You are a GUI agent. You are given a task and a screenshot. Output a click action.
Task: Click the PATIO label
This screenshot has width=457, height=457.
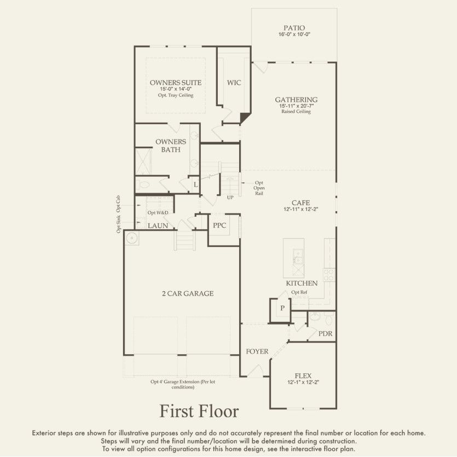pyautogui.click(x=294, y=27)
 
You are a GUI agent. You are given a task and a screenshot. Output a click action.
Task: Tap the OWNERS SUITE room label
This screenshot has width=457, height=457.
pyautogui.click(x=176, y=83)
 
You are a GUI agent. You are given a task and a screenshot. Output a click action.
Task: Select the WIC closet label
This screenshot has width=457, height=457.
pyautogui.click(x=234, y=83)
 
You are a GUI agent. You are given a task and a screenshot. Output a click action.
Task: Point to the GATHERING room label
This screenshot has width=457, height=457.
pyautogui.click(x=296, y=100)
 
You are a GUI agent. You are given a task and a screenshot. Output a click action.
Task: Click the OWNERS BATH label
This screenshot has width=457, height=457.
pyautogui.click(x=170, y=145)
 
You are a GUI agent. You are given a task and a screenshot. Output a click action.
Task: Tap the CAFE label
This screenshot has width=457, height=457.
pyautogui.click(x=300, y=203)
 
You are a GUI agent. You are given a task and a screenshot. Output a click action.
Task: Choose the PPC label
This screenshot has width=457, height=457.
pyautogui.click(x=219, y=225)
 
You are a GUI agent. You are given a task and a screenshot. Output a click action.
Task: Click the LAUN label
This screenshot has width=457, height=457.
pyautogui.click(x=158, y=225)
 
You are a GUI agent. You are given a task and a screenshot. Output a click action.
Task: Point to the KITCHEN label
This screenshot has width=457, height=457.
pyautogui.click(x=302, y=284)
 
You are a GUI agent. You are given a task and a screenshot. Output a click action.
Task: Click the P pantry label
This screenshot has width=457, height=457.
pyautogui.click(x=282, y=309)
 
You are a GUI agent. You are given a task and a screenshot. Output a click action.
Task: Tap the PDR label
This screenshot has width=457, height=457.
pyautogui.click(x=325, y=333)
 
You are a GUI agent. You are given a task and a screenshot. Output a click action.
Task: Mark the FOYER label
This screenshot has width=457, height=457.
pyautogui.click(x=257, y=351)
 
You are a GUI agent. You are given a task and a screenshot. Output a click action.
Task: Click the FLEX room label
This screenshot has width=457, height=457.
pyautogui.click(x=303, y=376)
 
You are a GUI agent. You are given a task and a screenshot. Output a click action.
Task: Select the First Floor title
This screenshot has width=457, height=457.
pyautogui.click(x=199, y=410)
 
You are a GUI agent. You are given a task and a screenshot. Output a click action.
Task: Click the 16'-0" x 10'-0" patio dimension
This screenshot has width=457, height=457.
pyautogui.click(x=294, y=34)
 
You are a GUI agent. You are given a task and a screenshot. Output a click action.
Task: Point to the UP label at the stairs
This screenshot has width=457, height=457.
pyautogui.click(x=231, y=197)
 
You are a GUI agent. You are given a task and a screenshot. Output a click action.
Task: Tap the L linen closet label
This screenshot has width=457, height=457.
pyautogui.click(x=195, y=185)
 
